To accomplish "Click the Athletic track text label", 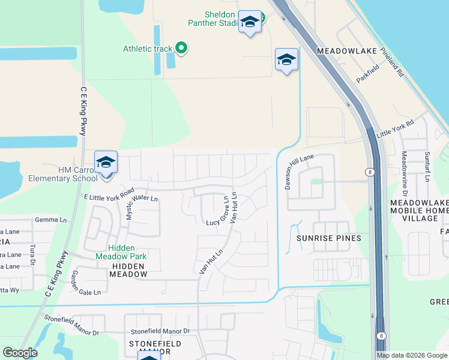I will tap(148, 49).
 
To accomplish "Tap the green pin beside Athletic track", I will tap(180, 49).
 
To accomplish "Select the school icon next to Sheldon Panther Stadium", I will tap(250, 22).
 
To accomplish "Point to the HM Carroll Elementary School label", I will tap(63, 174).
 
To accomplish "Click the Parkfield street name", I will tap(369, 78).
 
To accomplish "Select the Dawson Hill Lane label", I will tap(299, 171).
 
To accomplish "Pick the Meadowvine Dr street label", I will tap(405, 174).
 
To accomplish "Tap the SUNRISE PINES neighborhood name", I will tap(329, 238).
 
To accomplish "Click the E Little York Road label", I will tap(109, 194).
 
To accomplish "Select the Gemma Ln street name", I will tap(51, 220).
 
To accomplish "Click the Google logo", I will tap(20, 353).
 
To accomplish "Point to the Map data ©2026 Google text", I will tap(412, 355).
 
